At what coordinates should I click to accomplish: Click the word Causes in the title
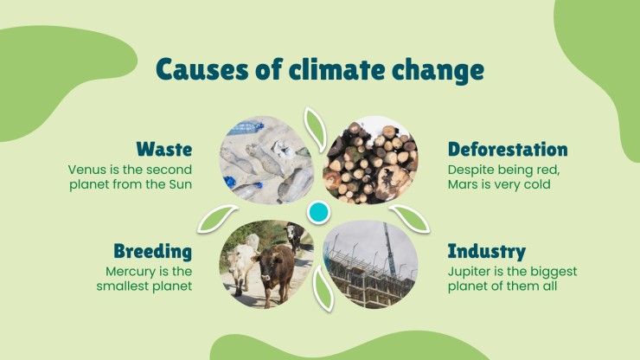[x=202, y=69]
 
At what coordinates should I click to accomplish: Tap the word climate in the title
[x=336, y=69]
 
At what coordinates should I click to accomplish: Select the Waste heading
[x=164, y=149]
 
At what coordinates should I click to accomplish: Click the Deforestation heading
[x=508, y=149]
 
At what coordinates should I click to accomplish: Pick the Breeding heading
[x=153, y=251]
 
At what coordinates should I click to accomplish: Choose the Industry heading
[x=487, y=251]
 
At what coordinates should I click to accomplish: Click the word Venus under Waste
[x=84, y=170]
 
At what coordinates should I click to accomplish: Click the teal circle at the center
[x=318, y=212]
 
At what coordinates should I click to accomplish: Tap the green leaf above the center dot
[x=315, y=129]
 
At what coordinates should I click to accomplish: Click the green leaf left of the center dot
[x=217, y=218]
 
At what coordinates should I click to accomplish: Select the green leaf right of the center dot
[x=409, y=218]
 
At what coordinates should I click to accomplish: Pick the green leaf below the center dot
[x=323, y=288]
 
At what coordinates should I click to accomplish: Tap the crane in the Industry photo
[x=389, y=249]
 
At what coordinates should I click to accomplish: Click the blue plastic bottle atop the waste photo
[x=245, y=128]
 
